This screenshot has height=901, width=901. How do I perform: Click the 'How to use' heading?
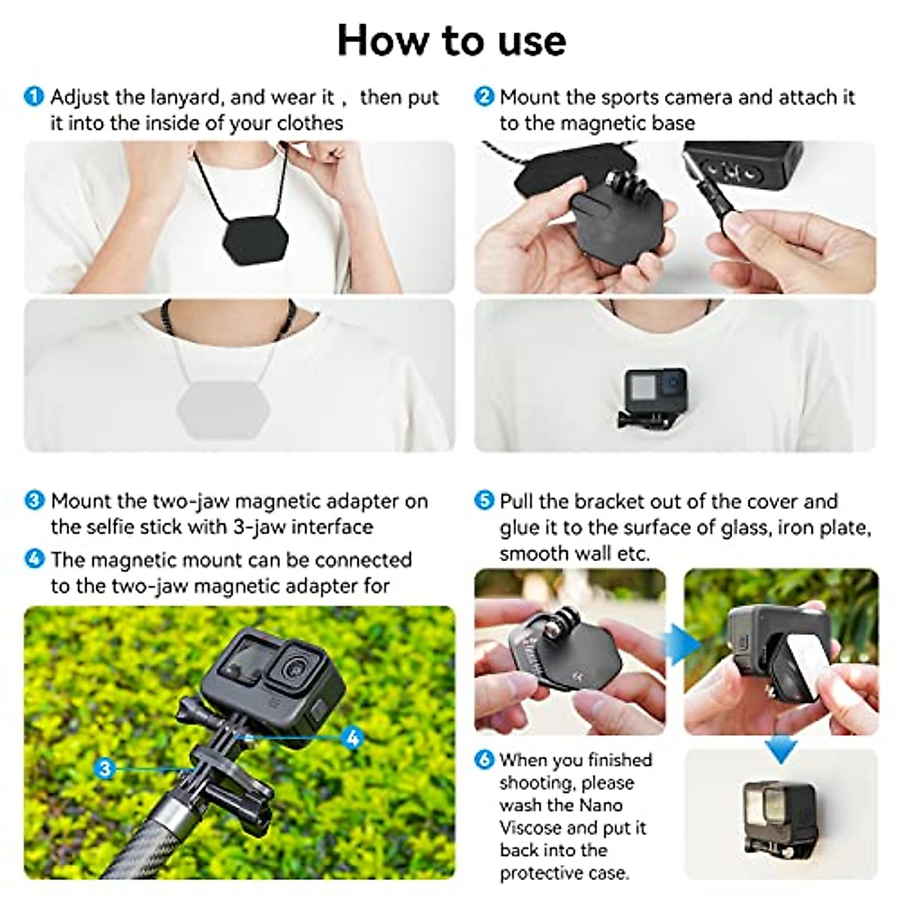coord(451,40)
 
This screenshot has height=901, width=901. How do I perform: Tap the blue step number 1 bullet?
coord(35,97)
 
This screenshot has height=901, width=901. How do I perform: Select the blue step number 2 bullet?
coord(485,97)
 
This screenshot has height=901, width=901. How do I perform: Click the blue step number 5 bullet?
coord(485,501)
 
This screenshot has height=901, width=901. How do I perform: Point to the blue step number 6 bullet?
coord(485,760)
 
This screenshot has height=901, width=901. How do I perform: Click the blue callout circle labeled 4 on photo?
coord(352,737)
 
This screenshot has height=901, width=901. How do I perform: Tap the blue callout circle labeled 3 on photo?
coord(104,768)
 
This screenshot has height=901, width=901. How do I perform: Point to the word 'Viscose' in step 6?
coord(530,828)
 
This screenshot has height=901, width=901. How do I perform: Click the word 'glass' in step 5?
coord(745,528)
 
